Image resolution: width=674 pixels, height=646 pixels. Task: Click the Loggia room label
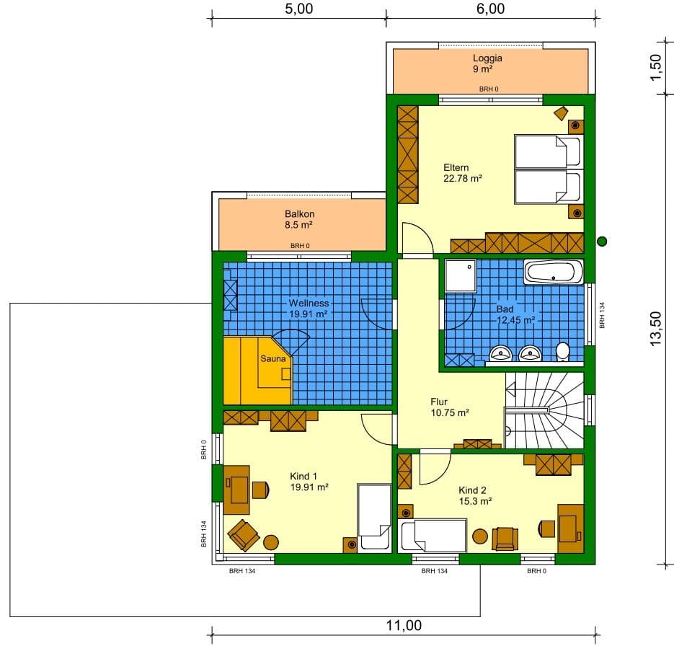pos(487,63)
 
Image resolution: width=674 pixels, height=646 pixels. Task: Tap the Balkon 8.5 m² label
pos(300,219)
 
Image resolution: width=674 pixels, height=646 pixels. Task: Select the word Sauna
pos(273,358)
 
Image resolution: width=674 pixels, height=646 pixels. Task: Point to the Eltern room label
pos(462,173)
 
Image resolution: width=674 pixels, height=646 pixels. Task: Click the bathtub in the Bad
pos(553,272)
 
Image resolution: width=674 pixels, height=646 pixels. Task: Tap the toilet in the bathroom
pos(562,352)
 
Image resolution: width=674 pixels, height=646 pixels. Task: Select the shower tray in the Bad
pos(461,275)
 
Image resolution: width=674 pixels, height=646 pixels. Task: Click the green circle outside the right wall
pos(602,241)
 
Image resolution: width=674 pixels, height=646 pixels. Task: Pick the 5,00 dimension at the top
pos(298,9)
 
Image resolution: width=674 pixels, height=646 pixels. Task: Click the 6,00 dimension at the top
pos(490,9)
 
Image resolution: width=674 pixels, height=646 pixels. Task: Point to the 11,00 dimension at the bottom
pos(404,625)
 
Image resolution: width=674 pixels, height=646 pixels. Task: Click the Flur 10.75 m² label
pos(449,407)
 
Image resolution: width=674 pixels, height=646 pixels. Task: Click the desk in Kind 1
pos(236,490)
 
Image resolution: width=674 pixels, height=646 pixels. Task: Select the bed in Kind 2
pos(433,536)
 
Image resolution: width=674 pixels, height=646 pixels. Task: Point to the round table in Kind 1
pos(271,541)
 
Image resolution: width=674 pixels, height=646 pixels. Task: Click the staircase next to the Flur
pos(544,410)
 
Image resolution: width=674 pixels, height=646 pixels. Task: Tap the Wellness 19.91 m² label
pos(309,309)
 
